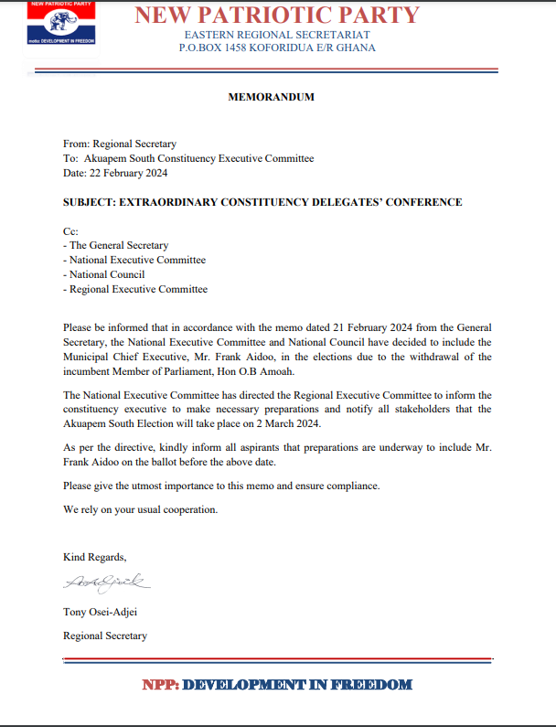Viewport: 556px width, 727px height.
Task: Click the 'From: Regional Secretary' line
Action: (120, 144)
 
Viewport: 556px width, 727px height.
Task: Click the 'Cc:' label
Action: (70, 231)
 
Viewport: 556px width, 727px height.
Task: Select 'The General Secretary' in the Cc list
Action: (119, 246)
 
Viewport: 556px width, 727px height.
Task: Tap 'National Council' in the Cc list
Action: (107, 274)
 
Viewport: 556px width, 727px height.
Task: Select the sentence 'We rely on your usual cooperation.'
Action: (141, 508)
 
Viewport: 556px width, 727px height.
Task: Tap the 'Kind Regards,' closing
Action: (95, 557)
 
